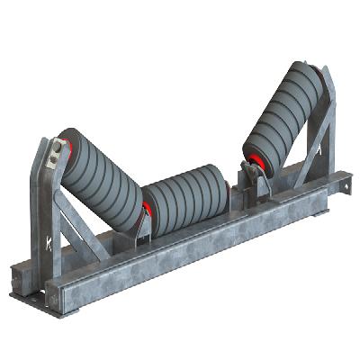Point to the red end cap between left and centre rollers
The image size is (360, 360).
144,214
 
